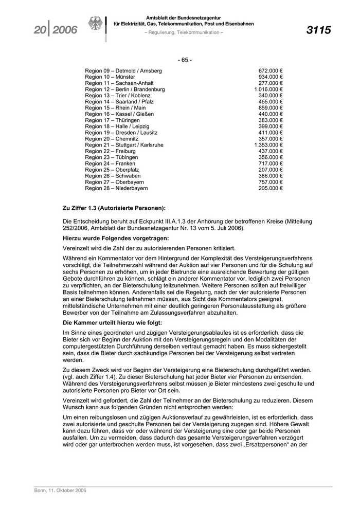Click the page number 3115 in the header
(x=318, y=30)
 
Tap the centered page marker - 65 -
(x=185, y=60)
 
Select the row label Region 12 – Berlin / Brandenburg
(x=125, y=89)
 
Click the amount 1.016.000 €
(x=268, y=89)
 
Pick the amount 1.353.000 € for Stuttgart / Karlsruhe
(x=268, y=145)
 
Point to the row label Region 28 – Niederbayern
(x=116, y=188)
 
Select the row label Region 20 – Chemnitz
(x=112, y=139)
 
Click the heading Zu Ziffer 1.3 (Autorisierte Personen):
(x=114, y=208)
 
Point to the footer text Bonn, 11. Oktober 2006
(x=60, y=490)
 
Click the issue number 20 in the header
(x=40, y=30)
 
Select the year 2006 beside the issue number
(x=64, y=30)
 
